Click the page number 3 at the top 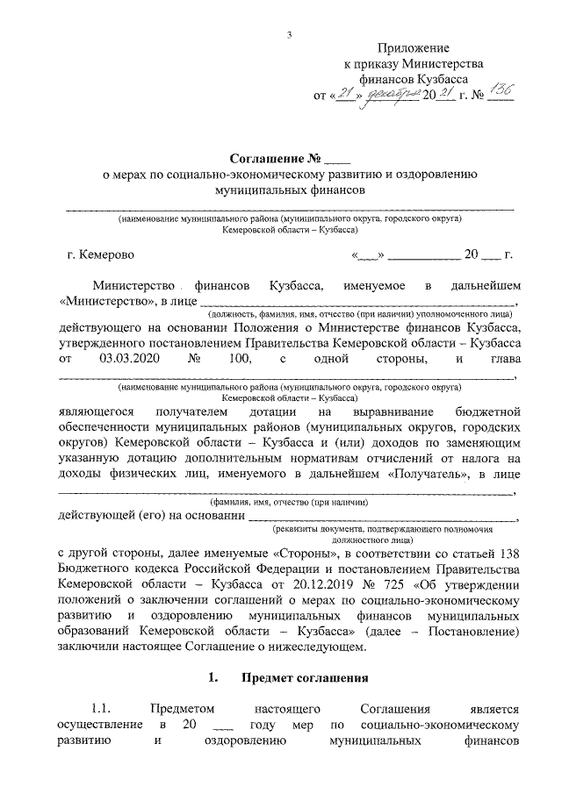tap(288, 34)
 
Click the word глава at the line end tap(504, 359)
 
